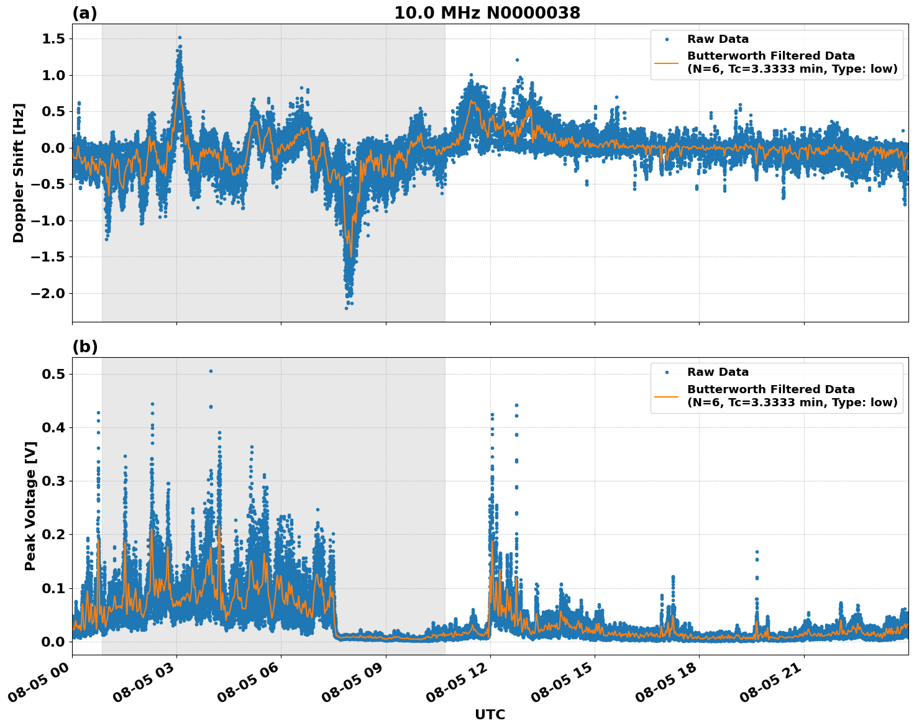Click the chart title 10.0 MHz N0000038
click(487, 13)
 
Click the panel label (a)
click(85, 13)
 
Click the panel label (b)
click(85, 347)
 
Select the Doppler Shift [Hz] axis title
click(19, 173)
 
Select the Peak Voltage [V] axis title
click(30, 506)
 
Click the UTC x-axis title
click(490, 714)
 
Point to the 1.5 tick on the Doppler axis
click(55, 39)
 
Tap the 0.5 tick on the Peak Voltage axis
click(55, 374)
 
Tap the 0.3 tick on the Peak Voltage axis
click(55, 481)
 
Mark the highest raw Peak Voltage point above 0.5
click(211, 371)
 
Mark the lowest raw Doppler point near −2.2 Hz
click(347, 308)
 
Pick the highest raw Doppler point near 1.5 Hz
click(180, 37)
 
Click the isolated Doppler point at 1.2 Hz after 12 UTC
click(517, 60)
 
